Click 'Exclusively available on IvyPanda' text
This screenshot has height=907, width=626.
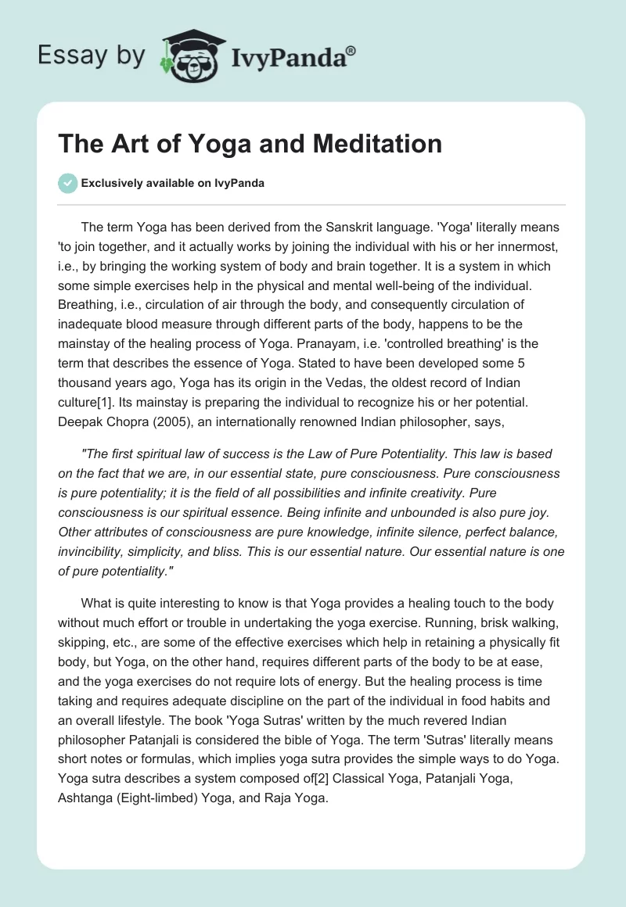point(172,184)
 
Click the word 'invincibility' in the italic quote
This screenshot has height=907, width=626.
point(92,550)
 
